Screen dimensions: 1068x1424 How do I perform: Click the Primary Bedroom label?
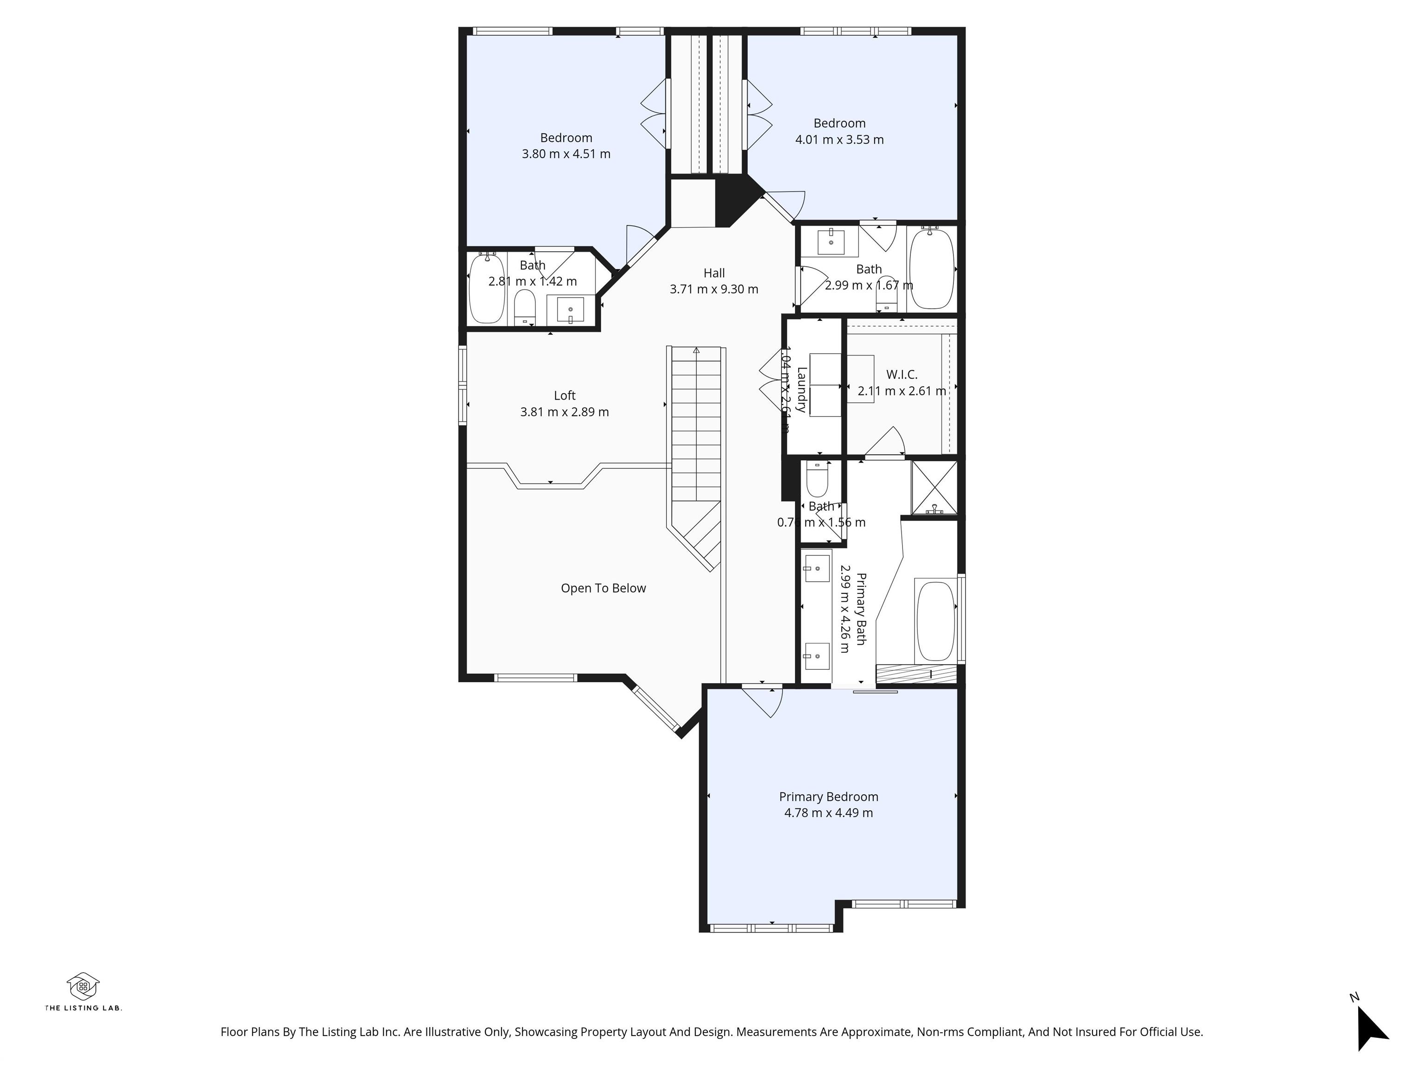[x=828, y=796]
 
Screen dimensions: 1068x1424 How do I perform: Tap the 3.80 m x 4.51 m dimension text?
[x=566, y=154]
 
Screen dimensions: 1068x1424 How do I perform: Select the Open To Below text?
[x=603, y=588]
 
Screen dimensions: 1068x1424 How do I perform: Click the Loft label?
[x=565, y=395]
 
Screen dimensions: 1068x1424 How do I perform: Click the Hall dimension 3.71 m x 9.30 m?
[x=714, y=289]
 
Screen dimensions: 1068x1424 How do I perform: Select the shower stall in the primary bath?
[x=934, y=487]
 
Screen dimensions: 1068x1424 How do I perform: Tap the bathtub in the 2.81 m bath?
[x=487, y=288]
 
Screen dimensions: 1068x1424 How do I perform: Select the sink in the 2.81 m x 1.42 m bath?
[x=570, y=310]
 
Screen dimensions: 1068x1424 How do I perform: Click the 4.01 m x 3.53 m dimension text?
[x=839, y=140]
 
